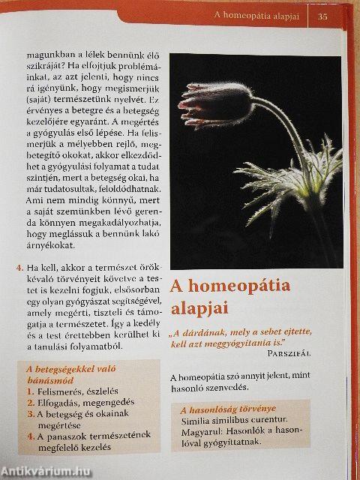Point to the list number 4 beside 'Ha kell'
point(18,267)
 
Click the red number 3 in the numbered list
point(28,415)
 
